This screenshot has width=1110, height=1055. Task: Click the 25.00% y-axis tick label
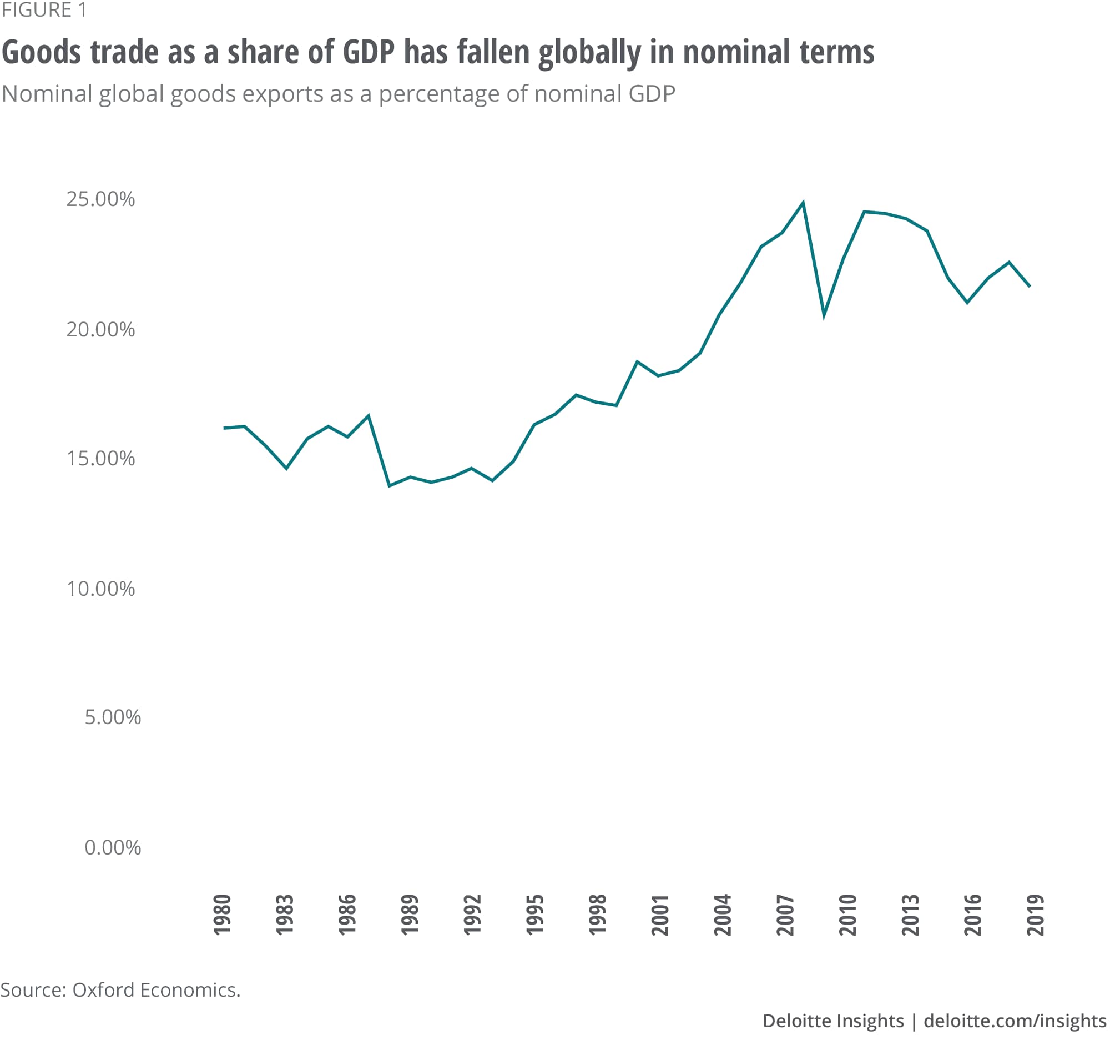(x=100, y=199)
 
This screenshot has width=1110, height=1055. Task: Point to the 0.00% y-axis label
(x=113, y=847)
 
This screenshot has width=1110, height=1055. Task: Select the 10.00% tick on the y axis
(x=100, y=589)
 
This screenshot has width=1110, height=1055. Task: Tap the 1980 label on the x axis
(x=223, y=915)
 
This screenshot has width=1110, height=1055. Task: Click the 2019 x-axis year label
(x=1035, y=915)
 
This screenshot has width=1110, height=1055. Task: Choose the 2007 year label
(x=785, y=915)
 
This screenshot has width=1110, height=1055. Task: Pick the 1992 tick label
(x=473, y=915)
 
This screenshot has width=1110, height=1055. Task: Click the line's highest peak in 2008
(x=803, y=203)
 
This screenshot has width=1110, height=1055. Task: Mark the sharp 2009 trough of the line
(x=824, y=315)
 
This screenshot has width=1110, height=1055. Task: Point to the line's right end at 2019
(x=1029, y=287)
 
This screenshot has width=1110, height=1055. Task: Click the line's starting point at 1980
(x=224, y=428)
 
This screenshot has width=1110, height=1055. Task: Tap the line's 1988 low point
(x=390, y=485)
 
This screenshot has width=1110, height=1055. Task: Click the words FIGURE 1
(x=44, y=10)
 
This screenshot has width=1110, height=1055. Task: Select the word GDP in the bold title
(x=369, y=52)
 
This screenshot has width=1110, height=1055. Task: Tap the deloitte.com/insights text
(x=1015, y=1020)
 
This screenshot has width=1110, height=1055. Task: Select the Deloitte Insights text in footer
(x=833, y=1020)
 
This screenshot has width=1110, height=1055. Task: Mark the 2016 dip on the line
(x=967, y=303)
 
